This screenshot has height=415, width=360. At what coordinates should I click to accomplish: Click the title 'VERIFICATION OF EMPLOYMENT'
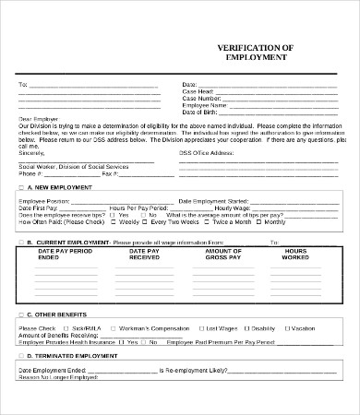click(256, 51)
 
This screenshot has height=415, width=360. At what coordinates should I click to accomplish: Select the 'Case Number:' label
click(203, 99)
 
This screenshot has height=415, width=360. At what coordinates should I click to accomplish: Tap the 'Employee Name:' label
click(206, 106)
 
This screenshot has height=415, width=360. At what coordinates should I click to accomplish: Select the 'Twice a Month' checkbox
click(209, 222)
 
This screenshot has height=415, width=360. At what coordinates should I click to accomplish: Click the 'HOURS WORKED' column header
click(295, 255)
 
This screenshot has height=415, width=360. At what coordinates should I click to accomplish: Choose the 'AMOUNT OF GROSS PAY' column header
click(222, 255)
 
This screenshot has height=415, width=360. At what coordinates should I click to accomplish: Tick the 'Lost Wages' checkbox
click(203, 328)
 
